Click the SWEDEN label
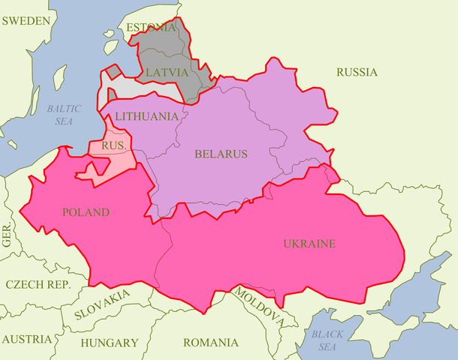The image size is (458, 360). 27,21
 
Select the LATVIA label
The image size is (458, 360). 167,72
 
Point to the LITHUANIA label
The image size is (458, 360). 146,116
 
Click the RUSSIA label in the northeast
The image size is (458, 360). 357,73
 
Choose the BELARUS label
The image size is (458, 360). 221,154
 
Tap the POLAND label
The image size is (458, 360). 85,212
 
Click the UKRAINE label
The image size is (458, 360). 309,244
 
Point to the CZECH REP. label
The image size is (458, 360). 38,284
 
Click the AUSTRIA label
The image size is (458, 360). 27,339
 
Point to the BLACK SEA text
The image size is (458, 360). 327,340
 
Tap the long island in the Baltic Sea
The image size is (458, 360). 57,77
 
